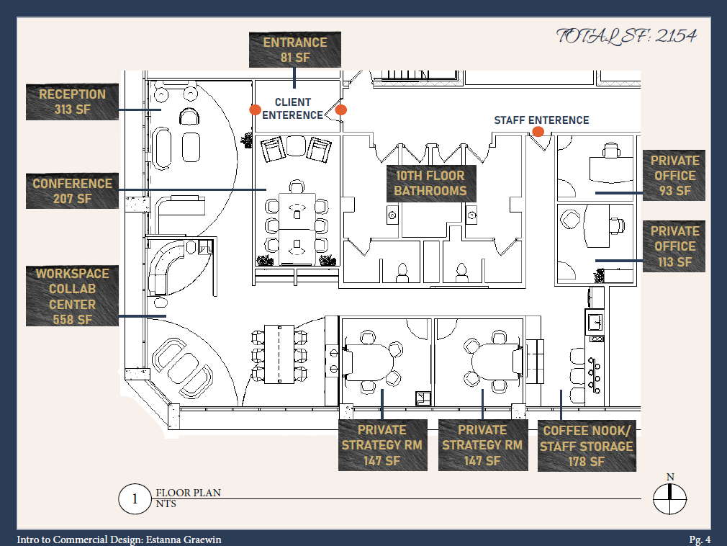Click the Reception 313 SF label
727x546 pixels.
tap(72, 102)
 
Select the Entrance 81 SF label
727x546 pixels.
tap(294, 50)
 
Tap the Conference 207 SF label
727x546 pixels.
tap(72, 191)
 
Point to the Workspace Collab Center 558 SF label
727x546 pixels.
tap(72, 296)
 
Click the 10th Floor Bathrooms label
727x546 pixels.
tap(430, 183)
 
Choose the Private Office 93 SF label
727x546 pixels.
tap(674, 175)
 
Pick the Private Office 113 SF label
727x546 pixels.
tap(674, 246)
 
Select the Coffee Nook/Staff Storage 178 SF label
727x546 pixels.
tap(587, 446)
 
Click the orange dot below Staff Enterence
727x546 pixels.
tap(538, 132)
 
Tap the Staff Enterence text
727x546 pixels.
tap(541, 120)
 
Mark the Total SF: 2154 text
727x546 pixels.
tap(626, 36)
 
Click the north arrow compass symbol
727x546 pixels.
tap(669, 498)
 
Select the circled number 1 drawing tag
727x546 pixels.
tap(133, 499)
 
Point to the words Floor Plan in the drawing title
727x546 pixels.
tap(188, 493)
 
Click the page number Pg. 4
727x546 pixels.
tap(700, 540)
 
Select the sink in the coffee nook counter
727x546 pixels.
tap(596, 319)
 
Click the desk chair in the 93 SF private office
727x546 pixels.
tap(611, 150)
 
